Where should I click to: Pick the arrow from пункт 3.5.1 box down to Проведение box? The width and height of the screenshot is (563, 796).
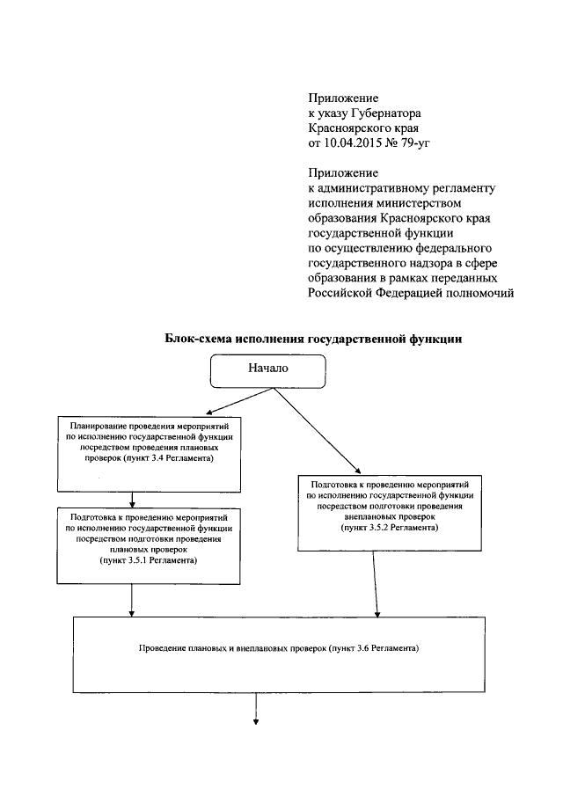[x=132, y=600]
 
